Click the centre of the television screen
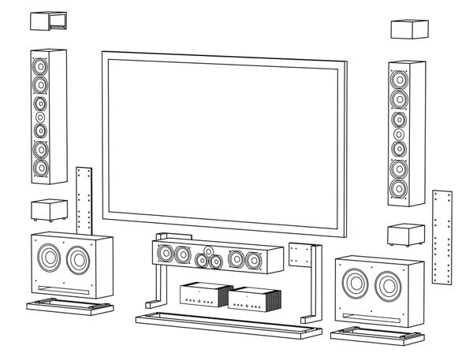click(x=225, y=142)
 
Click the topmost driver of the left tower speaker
click(x=39, y=65)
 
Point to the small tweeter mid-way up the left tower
click(x=40, y=117)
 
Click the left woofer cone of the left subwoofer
click(x=48, y=258)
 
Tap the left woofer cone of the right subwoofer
click(x=354, y=282)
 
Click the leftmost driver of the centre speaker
click(x=166, y=254)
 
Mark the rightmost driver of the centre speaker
click(x=253, y=259)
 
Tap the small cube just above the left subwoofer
click(x=47, y=210)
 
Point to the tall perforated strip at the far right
click(x=441, y=236)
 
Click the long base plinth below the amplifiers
click(x=229, y=325)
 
